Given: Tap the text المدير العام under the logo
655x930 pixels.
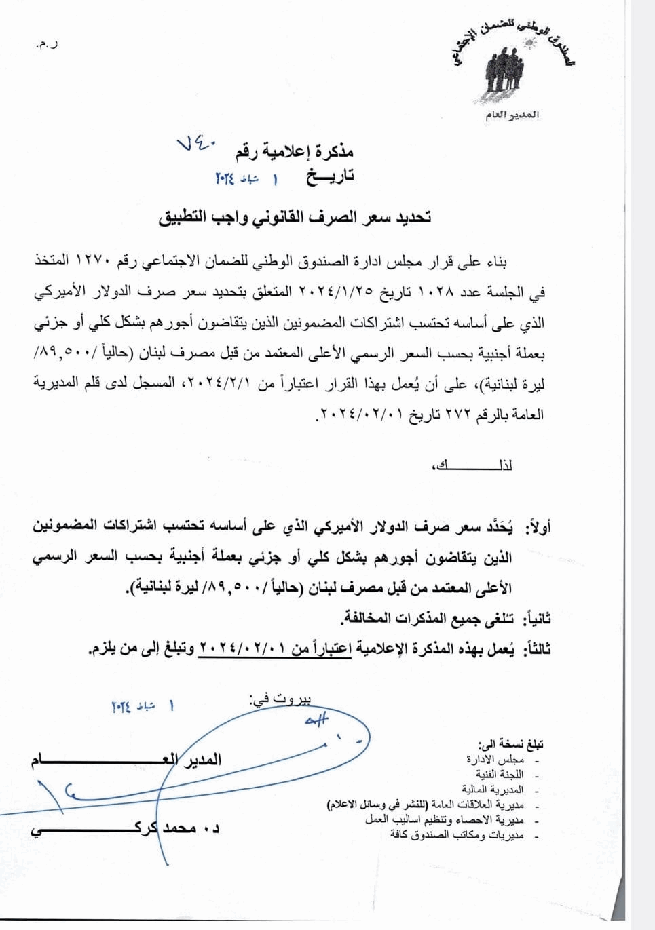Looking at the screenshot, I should (512, 115).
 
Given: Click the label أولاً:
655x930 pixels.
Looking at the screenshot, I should (538, 527).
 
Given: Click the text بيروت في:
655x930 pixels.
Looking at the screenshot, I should (280, 700).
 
